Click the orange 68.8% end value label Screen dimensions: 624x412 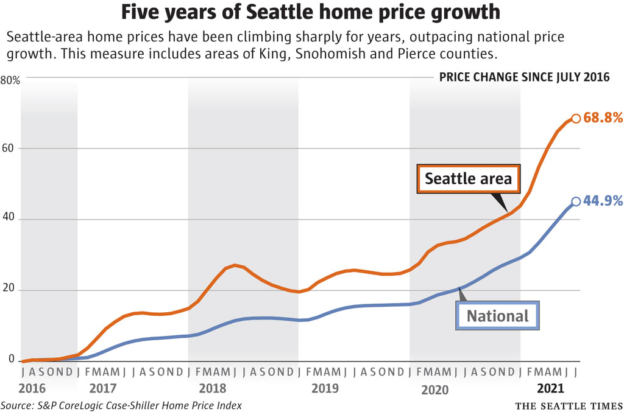click(x=603, y=117)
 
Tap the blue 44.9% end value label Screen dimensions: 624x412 click(x=603, y=201)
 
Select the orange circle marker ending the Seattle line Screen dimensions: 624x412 click(x=576, y=119)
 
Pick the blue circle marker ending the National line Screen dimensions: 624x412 click(x=576, y=202)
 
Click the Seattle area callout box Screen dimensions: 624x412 click(x=469, y=179)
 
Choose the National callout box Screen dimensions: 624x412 click(x=497, y=316)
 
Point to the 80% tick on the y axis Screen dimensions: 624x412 click(x=10, y=80)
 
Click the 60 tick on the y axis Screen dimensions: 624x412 click(x=7, y=148)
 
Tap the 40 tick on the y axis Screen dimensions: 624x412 click(x=7, y=217)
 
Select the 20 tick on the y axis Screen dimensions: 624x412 click(x=8, y=288)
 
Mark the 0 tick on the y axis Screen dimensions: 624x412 click(x=11, y=359)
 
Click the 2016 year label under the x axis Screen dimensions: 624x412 click(x=32, y=388)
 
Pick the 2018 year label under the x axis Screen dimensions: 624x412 click(x=213, y=388)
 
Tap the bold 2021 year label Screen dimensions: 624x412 click(x=550, y=388)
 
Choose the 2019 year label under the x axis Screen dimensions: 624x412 click(x=325, y=388)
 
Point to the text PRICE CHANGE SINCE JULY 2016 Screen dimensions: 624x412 click(x=524, y=77)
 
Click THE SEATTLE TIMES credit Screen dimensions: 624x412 click(x=569, y=406)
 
